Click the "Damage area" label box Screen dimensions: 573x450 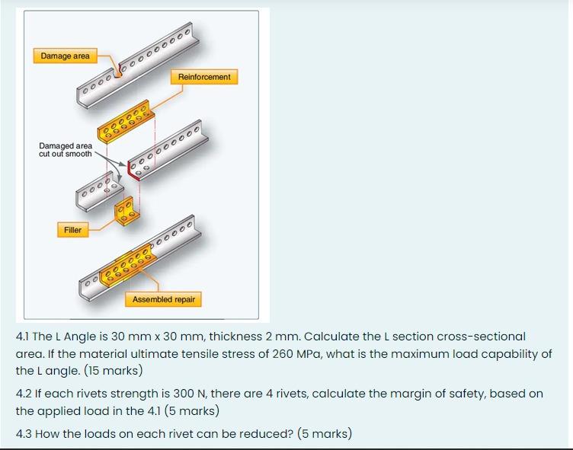(x=65, y=56)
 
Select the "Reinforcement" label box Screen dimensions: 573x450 (x=204, y=77)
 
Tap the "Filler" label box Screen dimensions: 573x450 (x=72, y=230)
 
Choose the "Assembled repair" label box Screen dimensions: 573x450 (x=163, y=299)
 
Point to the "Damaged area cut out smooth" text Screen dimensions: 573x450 (x=66, y=150)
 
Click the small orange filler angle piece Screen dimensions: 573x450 (x=126, y=211)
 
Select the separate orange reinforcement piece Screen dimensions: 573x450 (x=126, y=121)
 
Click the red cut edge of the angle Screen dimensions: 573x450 (x=132, y=171)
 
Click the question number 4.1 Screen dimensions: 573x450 (x=23, y=337)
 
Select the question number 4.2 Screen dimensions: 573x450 (x=24, y=394)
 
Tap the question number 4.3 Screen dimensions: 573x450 (x=24, y=433)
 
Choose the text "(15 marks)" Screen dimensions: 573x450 (x=114, y=370)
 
